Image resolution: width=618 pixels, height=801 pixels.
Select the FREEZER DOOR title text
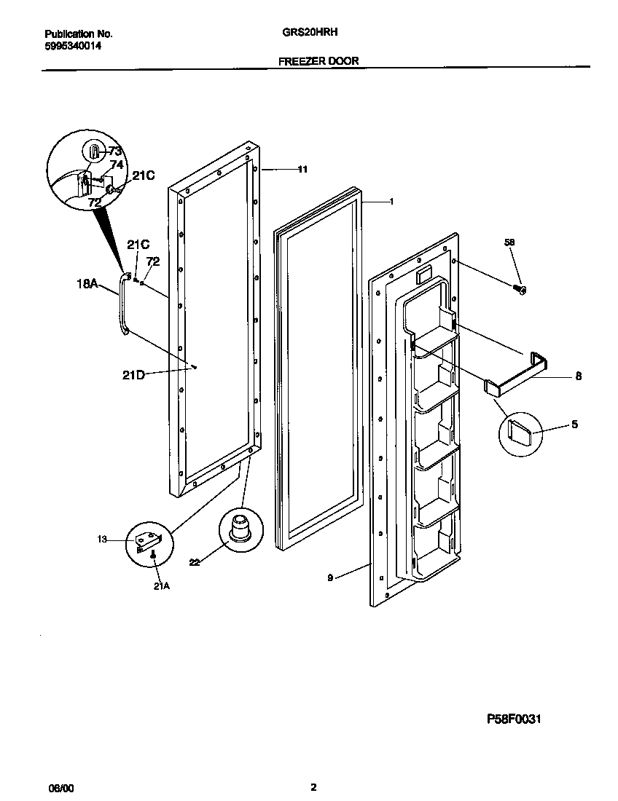tap(318, 61)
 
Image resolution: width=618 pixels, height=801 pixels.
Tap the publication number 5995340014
tap(73, 45)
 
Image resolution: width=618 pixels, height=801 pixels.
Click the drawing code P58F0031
tap(514, 718)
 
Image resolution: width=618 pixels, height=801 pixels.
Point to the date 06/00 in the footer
tap(60, 788)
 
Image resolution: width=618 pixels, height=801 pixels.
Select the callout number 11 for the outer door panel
tap(302, 170)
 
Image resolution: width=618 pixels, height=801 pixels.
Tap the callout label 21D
tap(134, 375)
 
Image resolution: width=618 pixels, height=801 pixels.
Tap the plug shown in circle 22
tap(238, 527)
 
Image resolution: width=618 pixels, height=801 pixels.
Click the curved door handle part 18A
tap(122, 306)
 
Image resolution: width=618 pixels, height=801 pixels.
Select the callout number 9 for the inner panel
tap(330, 577)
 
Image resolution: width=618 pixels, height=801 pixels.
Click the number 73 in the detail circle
tap(114, 151)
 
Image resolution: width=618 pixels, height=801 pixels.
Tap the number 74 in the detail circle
tap(117, 165)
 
